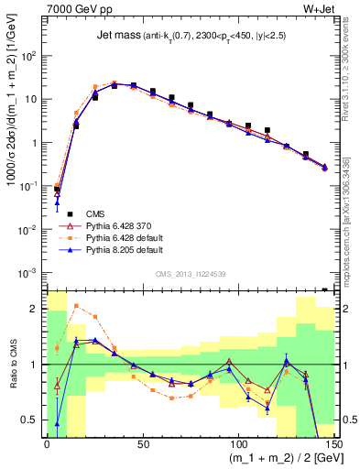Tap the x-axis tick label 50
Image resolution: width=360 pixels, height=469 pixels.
[142, 444]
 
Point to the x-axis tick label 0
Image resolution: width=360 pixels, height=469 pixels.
[47, 444]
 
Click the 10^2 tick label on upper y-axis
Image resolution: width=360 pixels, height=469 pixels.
[29, 55]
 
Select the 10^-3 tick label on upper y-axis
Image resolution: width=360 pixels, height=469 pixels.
[29, 272]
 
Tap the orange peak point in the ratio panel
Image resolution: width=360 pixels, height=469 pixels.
[76, 306]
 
